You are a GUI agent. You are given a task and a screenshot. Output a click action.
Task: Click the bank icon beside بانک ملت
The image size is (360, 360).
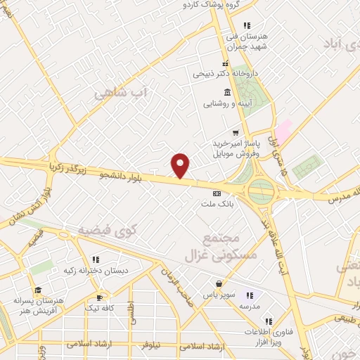click(216, 193)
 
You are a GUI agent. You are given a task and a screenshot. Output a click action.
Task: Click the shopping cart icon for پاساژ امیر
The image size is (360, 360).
click(236, 132)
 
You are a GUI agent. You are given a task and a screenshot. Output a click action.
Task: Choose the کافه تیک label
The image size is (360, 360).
click(99, 308)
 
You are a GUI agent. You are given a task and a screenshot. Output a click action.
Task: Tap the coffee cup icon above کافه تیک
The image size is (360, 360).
click(100, 296)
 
